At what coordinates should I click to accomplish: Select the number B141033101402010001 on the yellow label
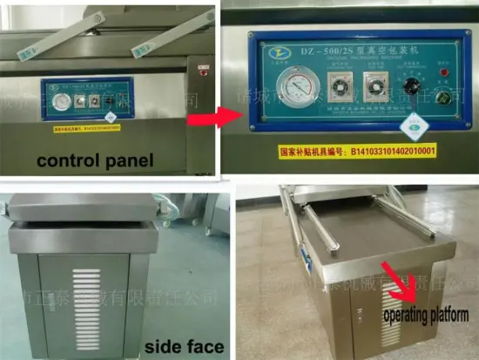coord(391,151)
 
